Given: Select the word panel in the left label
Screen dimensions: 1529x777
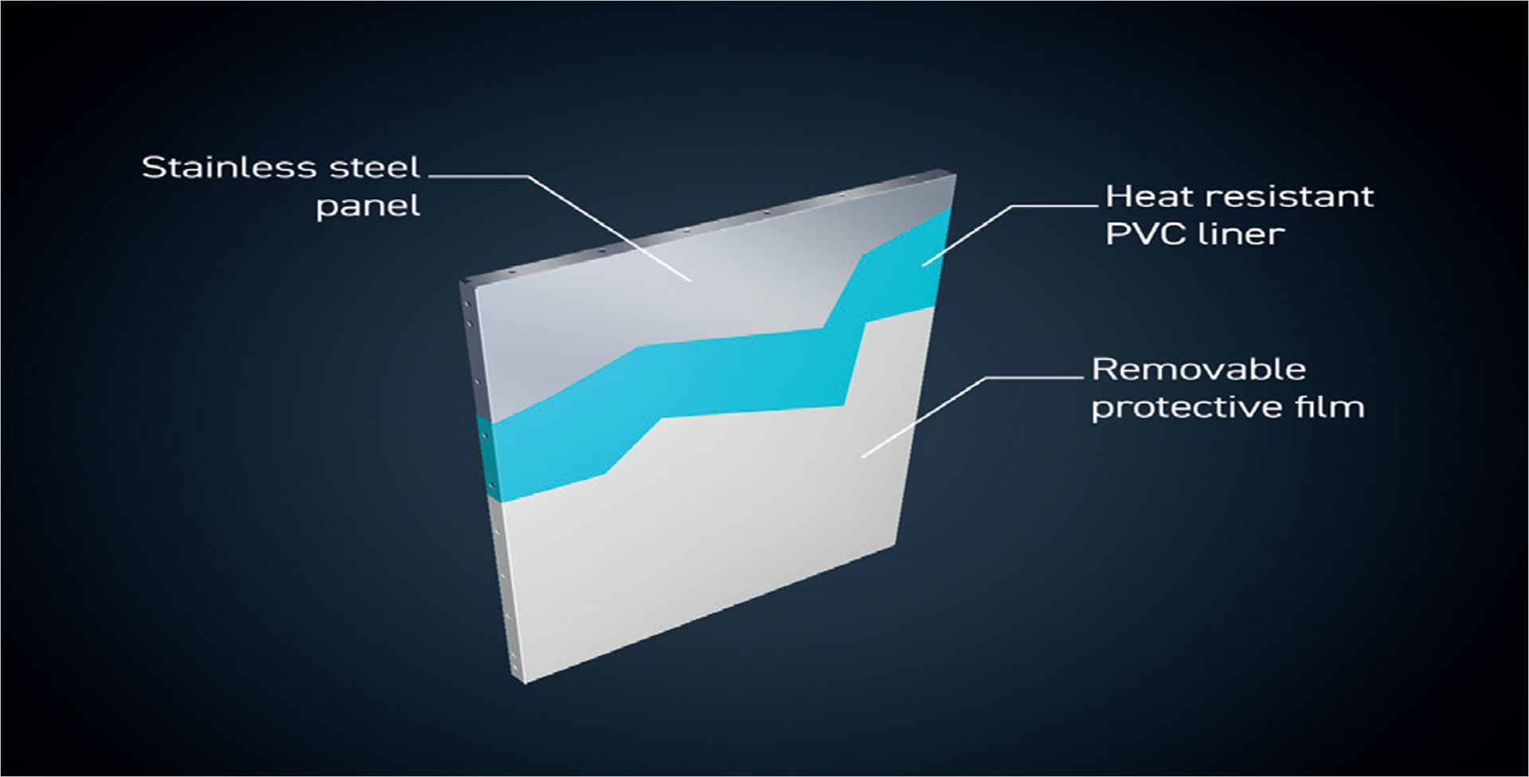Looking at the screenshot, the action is pos(368,206).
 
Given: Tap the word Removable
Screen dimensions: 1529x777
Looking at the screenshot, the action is pos(1199,369).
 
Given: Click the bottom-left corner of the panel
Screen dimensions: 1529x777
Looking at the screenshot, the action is pos(525,683).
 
